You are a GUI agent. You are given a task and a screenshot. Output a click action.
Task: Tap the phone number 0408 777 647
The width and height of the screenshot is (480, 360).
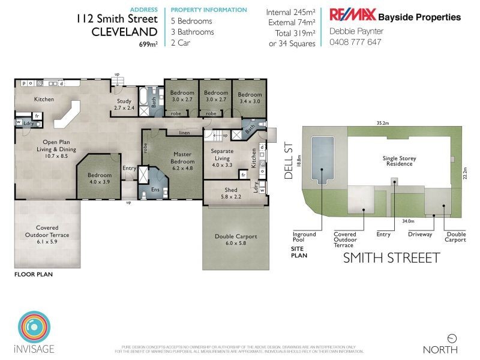pyautogui.click(x=355, y=42)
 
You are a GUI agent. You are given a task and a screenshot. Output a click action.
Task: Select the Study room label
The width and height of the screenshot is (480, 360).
pyautogui.click(x=125, y=105)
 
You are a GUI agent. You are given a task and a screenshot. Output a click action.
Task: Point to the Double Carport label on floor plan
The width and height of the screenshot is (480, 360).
pyautogui.click(x=236, y=240)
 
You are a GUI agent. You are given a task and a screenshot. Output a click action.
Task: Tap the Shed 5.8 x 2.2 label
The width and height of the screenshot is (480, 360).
pyautogui.click(x=222, y=193)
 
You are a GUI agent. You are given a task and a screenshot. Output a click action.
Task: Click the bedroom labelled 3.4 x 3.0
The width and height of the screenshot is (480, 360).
pyautogui.click(x=249, y=98)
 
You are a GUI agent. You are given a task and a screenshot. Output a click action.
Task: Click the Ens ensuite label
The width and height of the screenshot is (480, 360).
pyautogui.click(x=155, y=190)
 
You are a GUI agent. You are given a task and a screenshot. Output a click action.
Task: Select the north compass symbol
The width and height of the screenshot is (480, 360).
pyautogui.click(x=452, y=338)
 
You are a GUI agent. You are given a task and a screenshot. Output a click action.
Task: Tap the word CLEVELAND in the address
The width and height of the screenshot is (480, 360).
pyautogui.click(x=124, y=31)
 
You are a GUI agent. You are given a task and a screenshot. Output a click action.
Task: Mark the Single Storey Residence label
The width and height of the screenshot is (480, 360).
pyautogui.click(x=398, y=161)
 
